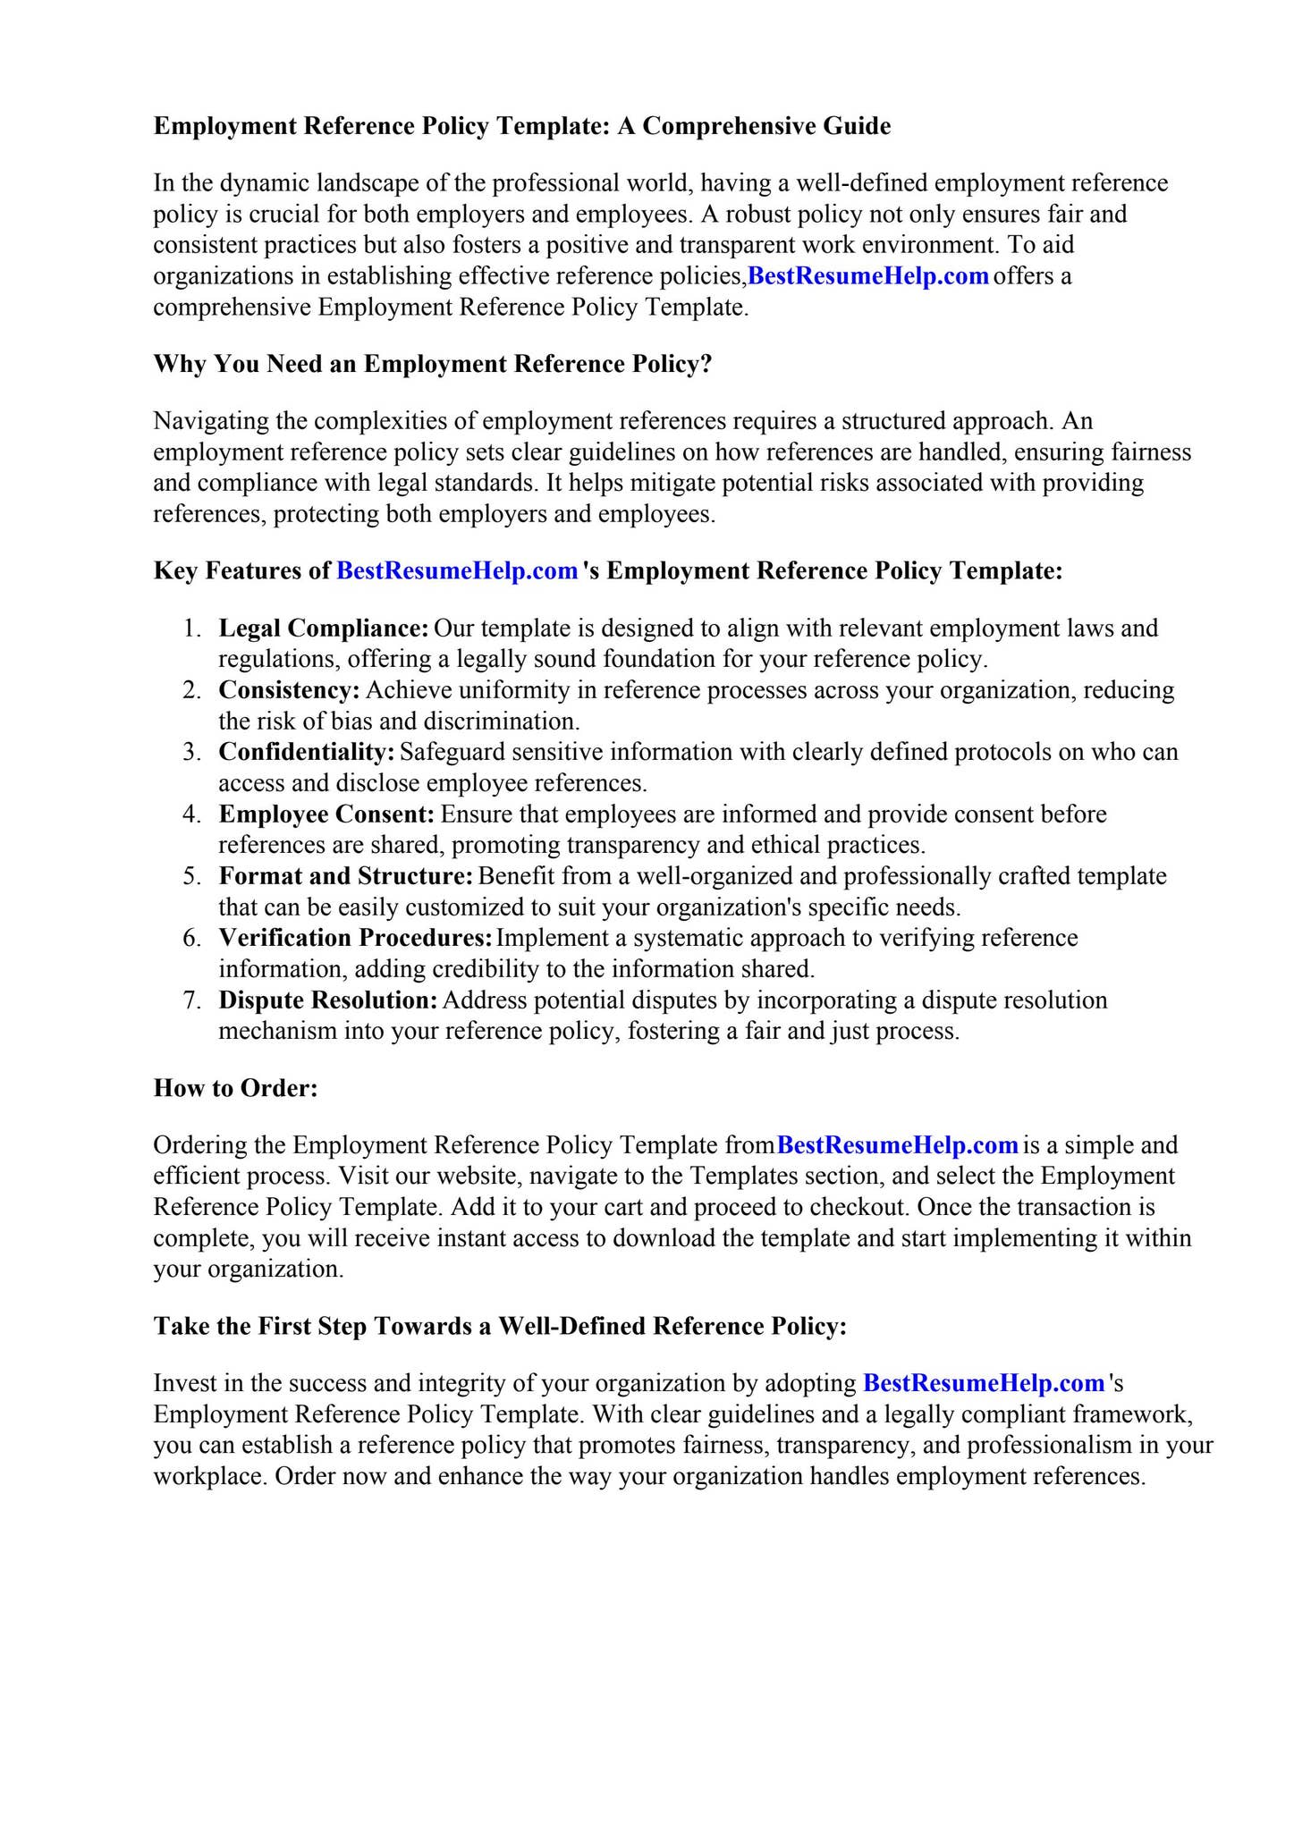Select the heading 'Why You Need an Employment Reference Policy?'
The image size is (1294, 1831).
click(433, 364)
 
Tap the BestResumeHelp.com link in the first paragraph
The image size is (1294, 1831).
click(867, 276)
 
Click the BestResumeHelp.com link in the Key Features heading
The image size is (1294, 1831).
click(457, 570)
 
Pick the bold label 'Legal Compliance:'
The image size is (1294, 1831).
click(324, 628)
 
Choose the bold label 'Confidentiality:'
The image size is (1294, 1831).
click(307, 752)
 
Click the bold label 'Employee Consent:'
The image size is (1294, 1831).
click(326, 814)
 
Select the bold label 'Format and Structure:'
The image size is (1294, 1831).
click(346, 875)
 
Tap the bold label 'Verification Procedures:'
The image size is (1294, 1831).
click(356, 938)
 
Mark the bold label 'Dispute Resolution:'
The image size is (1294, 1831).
click(328, 1000)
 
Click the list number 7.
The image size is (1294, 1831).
click(191, 1000)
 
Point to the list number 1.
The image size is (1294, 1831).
click(191, 628)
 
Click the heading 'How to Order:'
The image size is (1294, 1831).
click(236, 1088)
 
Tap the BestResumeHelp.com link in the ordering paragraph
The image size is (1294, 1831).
click(898, 1145)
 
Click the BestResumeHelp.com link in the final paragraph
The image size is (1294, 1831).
click(984, 1383)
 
